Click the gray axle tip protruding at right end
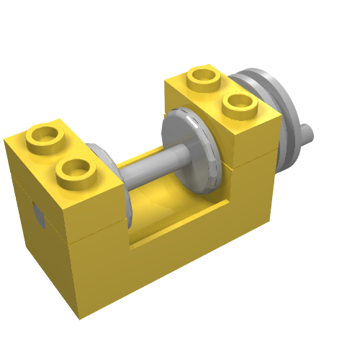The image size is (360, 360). [x=307, y=132]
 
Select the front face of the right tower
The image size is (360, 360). [x=248, y=194]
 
